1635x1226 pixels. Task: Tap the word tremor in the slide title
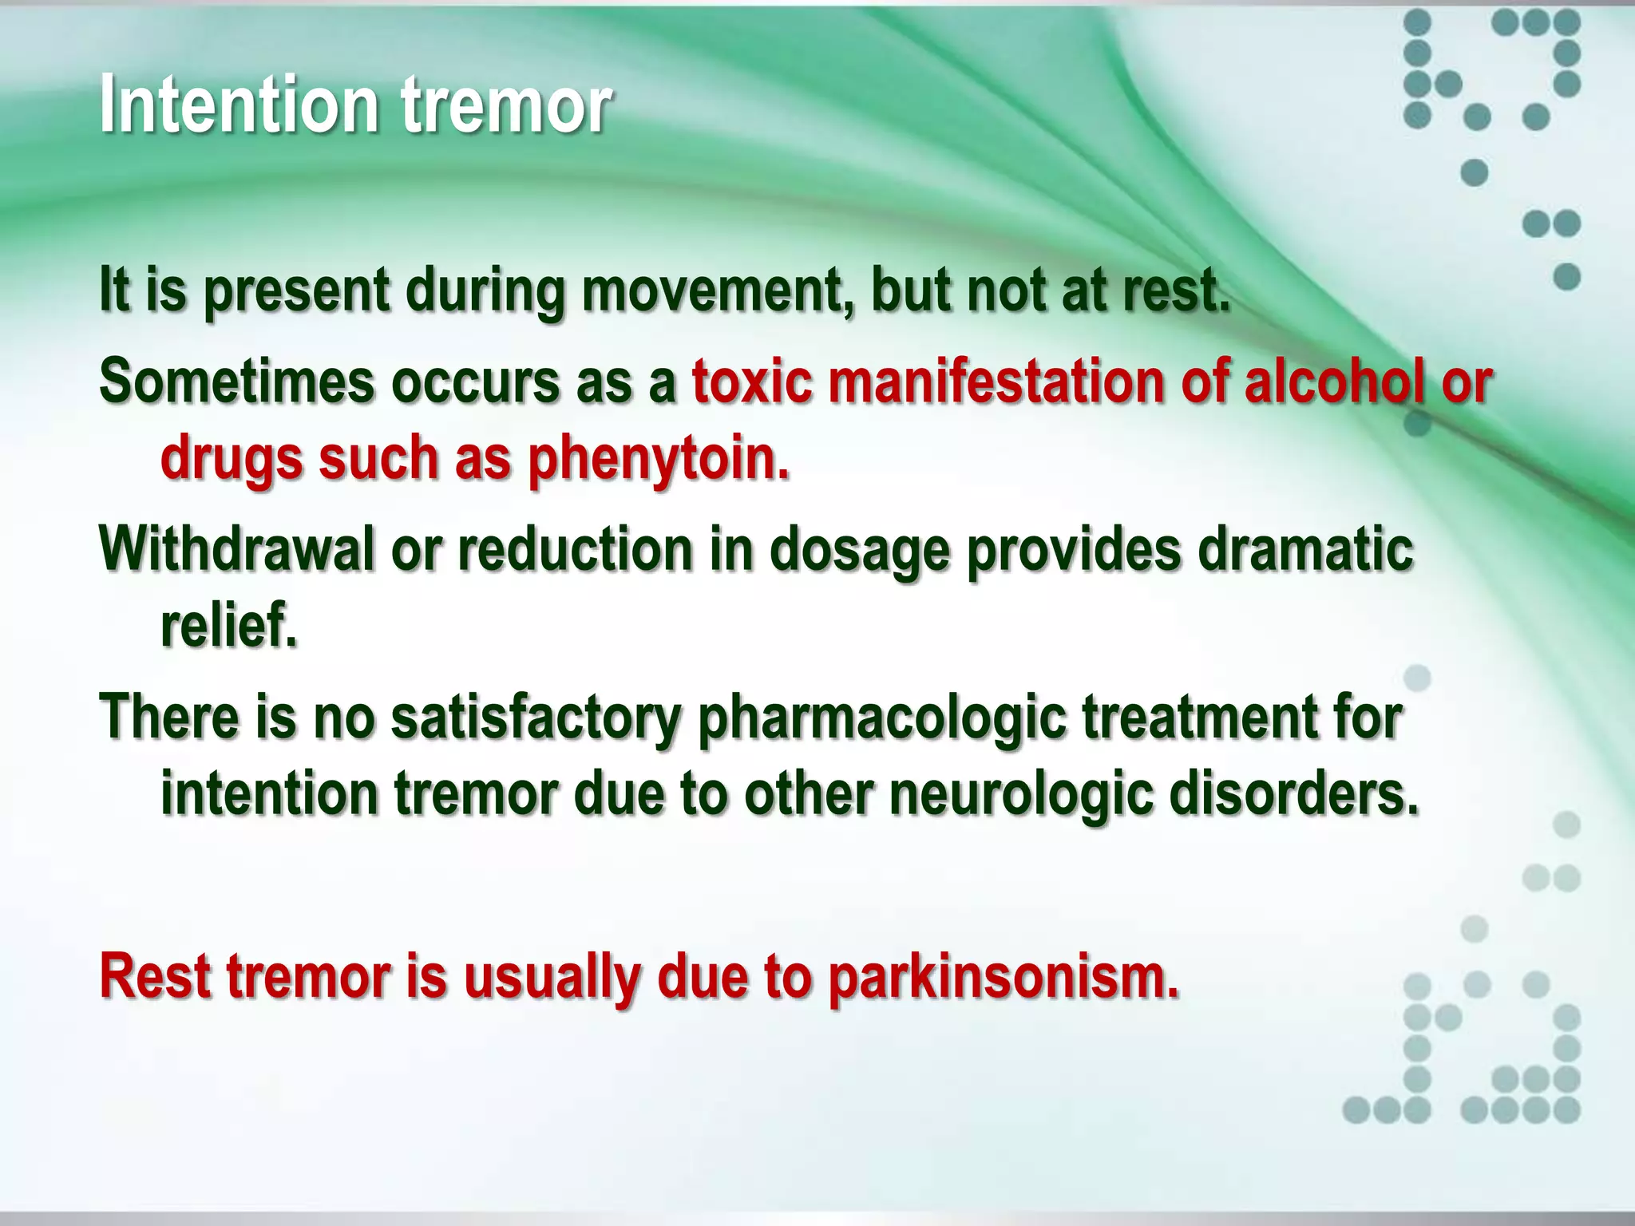coord(506,105)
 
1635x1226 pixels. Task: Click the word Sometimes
coord(237,382)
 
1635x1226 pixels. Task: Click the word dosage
coord(860,551)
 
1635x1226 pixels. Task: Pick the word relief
coord(229,627)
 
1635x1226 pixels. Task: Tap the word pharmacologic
coord(882,718)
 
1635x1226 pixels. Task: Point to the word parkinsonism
coord(1004,978)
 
